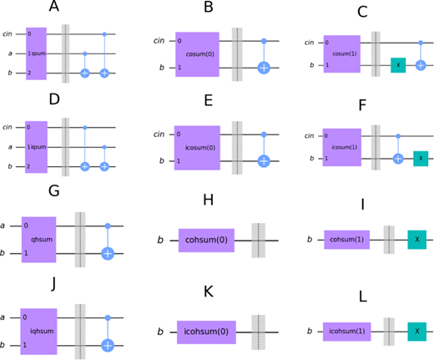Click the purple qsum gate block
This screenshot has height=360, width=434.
coord(36,53)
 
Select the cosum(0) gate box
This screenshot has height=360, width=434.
coord(197,54)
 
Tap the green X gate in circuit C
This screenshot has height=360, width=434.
coord(398,65)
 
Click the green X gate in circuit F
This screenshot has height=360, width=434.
coord(421,159)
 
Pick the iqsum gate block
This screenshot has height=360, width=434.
coord(36,147)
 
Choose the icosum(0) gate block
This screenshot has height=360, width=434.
coord(197,148)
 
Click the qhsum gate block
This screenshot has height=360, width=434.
coord(39,240)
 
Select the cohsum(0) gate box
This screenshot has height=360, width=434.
coord(206,241)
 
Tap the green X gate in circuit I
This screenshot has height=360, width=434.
coord(417,240)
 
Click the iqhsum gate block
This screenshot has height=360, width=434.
coord(38,332)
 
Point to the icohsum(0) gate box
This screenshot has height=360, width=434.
coord(206,332)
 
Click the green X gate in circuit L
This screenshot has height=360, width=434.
coord(417,332)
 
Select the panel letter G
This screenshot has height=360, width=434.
coord(54,191)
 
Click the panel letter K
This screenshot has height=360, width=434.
coord(209,292)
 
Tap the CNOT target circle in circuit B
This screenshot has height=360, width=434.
coord(264,68)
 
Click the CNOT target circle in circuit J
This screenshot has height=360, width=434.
coord(108,346)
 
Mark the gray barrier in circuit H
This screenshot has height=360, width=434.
coord(259,241)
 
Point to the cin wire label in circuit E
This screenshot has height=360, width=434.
coord(159,134)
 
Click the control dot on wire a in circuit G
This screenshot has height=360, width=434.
coord(108,226)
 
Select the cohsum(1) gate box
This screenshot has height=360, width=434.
coord(347,240)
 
